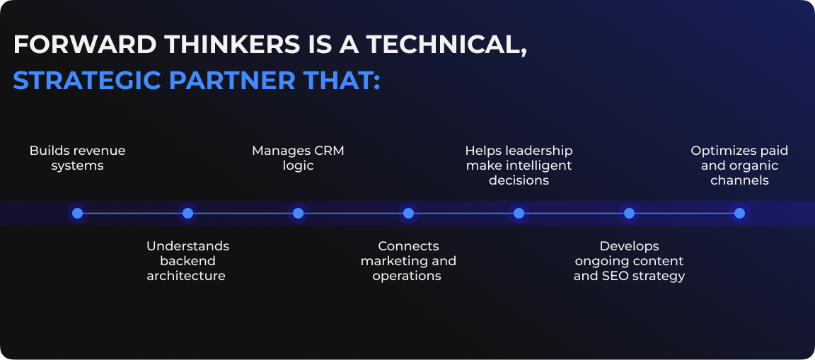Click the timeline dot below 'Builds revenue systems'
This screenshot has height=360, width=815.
tap(77, 213)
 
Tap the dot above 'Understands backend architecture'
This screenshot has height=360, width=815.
tap(187, 213)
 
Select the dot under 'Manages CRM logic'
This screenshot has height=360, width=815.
tap(298, 213)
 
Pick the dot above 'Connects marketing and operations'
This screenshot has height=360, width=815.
tap(408, 213)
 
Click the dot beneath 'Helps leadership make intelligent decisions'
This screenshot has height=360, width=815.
tap(519, 213)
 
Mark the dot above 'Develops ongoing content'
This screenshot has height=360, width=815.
tap(629, 213)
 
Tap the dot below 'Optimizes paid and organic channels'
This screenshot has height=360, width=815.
tap(739, 213)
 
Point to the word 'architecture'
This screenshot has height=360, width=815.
tap(186, 276)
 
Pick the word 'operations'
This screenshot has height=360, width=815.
tap(407, 276)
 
